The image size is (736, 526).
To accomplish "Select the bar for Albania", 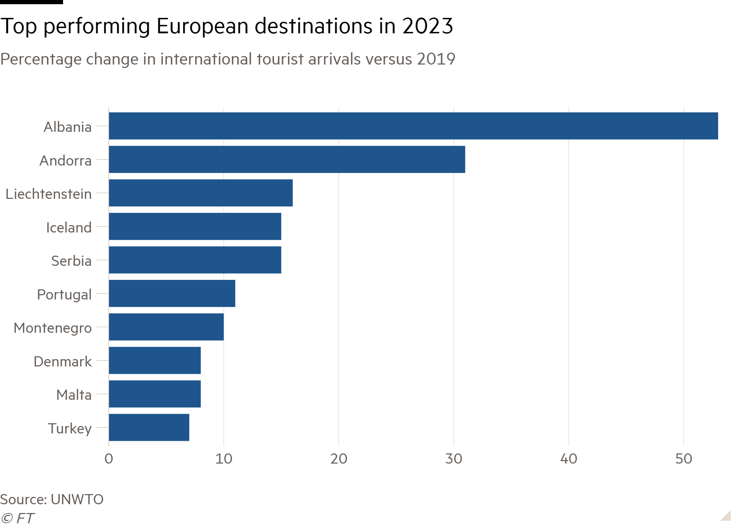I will [x=414, y=126].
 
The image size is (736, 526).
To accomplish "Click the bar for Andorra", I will [x=287, y=160].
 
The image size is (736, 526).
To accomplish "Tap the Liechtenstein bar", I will [x=201, y=193].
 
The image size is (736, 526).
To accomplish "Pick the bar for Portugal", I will [x=172, y=294].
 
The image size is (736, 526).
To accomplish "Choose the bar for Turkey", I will [x=149, y=427].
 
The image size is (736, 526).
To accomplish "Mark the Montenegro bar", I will [x=166, y=327].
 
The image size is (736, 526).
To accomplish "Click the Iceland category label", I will [x=69, y=228].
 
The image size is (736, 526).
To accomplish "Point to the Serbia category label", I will [x=71, y=261].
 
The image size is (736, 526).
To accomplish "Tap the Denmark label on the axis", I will [x=63, y=362].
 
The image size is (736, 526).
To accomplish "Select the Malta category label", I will [x=74, y=395].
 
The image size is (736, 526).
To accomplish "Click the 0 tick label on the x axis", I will [x=109, y=459].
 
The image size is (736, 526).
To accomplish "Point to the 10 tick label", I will [x=224, y=459].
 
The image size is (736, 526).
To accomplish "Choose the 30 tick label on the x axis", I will [x=454, y=459].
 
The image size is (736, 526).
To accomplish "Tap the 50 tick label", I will [x=683, y=459].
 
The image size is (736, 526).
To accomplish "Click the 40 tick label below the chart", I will [x=568, y=459].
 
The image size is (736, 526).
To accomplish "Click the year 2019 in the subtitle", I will [x=436, y=59].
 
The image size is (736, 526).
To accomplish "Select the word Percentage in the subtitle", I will [x=41, y=60].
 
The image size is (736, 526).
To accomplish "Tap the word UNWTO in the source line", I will [x=77, y=499].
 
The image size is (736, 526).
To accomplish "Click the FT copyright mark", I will [x=18, y=518].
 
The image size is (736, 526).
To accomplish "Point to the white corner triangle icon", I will [x=727, y=516].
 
